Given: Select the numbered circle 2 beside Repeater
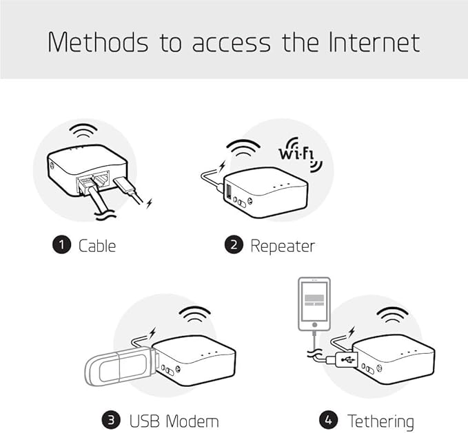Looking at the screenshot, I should click(235, 245).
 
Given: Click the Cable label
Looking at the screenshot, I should click(97, 245).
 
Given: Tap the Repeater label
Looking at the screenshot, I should click(283, 245).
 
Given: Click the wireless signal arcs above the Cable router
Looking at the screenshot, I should click(85, 131).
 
